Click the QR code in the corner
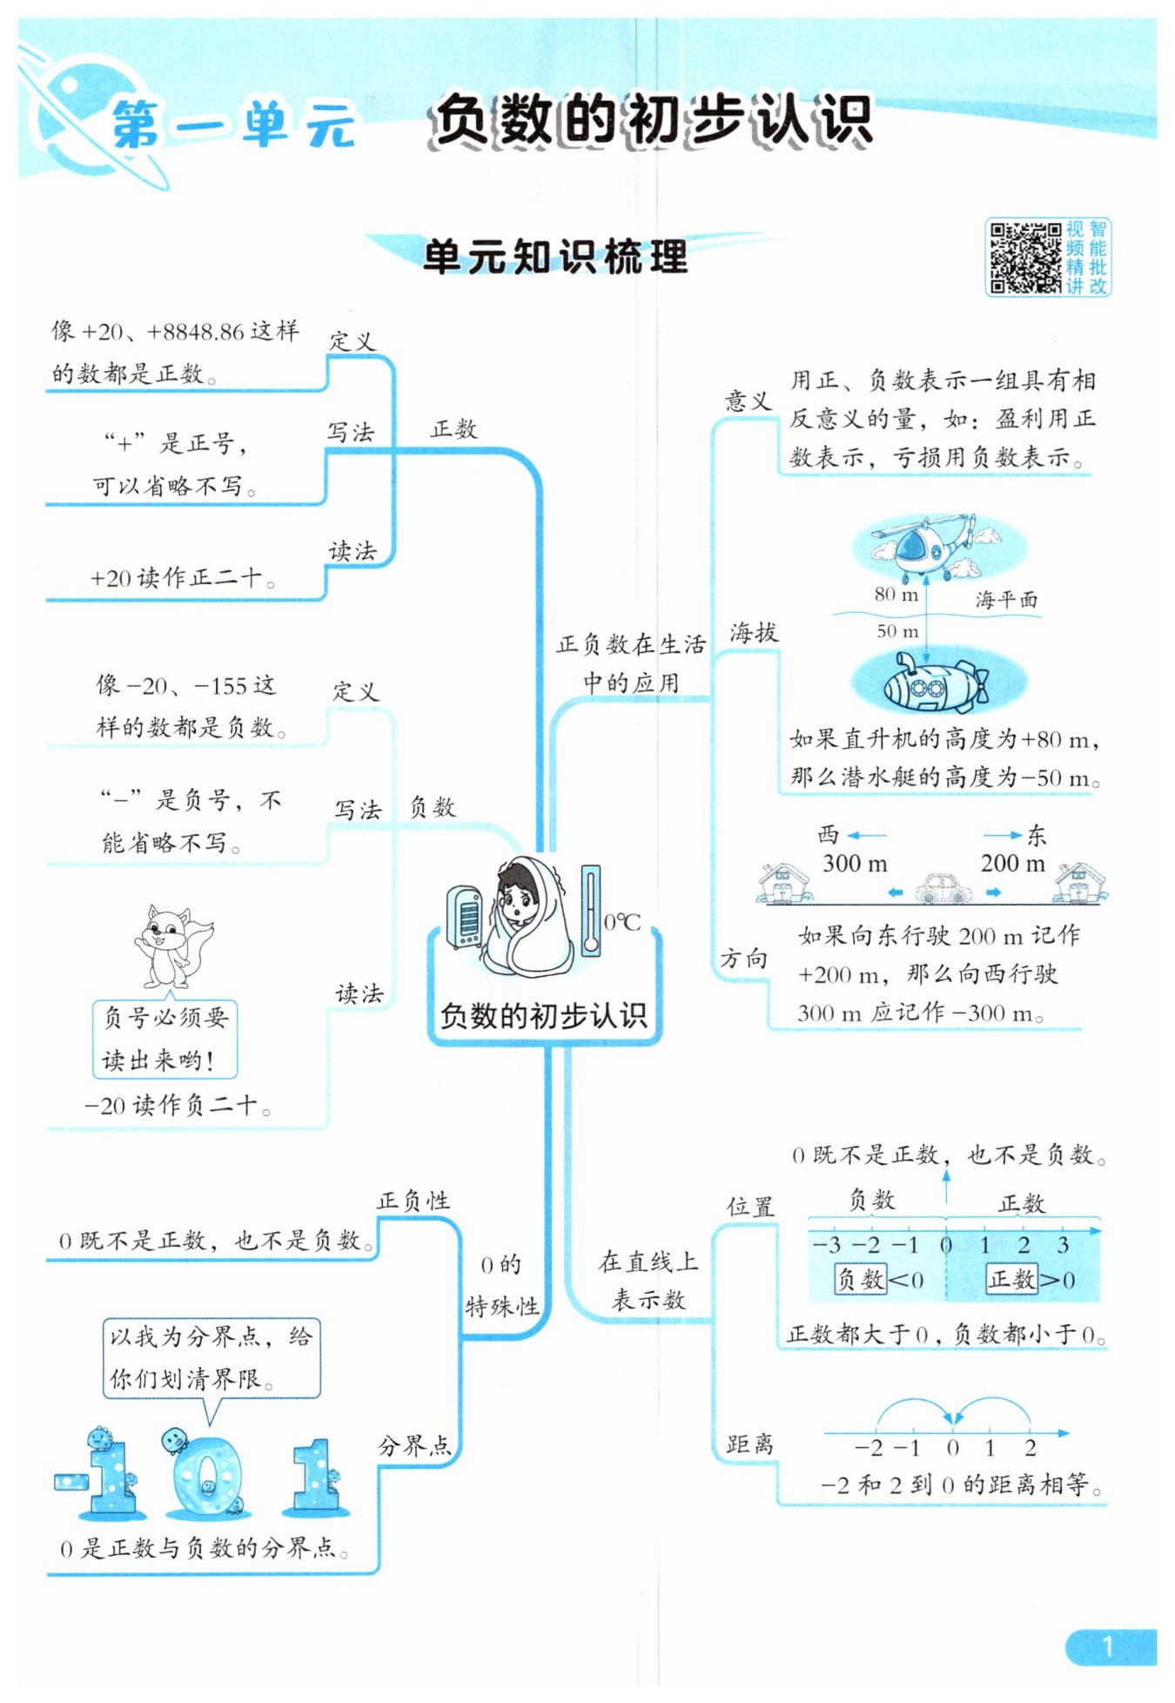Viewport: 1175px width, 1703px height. pyautogui.click(x=1024, y=258)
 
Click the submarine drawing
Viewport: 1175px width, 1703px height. pyautogui.click(x=934, y=683)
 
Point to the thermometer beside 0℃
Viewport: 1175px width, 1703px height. pyautogui.click(x=591, y=910)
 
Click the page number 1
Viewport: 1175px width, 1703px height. pyautogui.click(x=1107, y=1646)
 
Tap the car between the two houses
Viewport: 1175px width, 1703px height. pyautogui.click(x=944, y=888)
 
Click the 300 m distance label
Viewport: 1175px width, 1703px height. pyautogui.click(x=855, y=864)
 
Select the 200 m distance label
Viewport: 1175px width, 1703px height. pyautogui.click(x=1012, y=864)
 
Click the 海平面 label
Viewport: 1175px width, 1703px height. pyautogui.click(x=1005, y=599)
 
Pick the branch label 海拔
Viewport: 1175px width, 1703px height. pyautogui.click(x=753, y=633)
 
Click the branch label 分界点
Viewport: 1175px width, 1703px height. pyautogui.click(x=414, y=1446)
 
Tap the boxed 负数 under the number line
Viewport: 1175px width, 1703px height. pyautogui.click(x=860, y=1279)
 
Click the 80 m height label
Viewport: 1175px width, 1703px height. pyautogui.click(x=896, y=595)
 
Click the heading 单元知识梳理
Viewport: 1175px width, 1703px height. pyautogui.click(x=555, y=257)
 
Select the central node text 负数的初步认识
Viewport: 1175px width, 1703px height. pyautogui.click(x=543, y=1015)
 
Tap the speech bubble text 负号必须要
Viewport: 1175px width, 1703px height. pyautogui.click(x=165, y=1017)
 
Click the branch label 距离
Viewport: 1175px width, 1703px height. pyautogui.click(x=749, y=1444)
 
